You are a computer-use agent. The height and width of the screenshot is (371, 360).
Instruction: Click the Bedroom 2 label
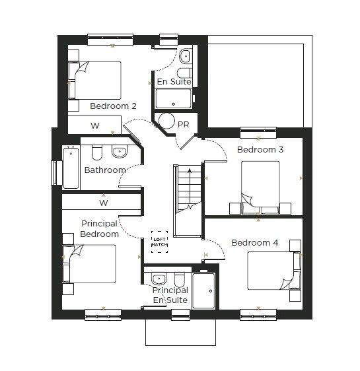tap(113, 106)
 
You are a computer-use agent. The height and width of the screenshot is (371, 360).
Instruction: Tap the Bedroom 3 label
tap(260, 150)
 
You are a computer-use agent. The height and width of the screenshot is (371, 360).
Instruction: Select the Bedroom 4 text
tap(254, 243)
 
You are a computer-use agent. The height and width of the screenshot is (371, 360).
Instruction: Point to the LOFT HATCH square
tap(159, 240)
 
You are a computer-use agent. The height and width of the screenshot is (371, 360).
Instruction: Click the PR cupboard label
tap(183, 124)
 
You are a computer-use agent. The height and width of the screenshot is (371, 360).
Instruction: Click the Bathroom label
tap(104, 170)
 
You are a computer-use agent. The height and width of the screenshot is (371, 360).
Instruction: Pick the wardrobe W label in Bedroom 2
tap(94, 125)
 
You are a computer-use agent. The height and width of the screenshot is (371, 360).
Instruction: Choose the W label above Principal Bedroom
tap(104, 203)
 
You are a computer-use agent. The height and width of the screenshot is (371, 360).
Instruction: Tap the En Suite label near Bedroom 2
tap(174, 82)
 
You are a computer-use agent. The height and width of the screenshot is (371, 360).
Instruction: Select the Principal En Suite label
tap(170, 295)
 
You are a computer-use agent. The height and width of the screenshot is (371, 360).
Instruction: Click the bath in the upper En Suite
tap(173, 100)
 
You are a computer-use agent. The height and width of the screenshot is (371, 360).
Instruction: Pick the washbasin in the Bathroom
tap(120, 152)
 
